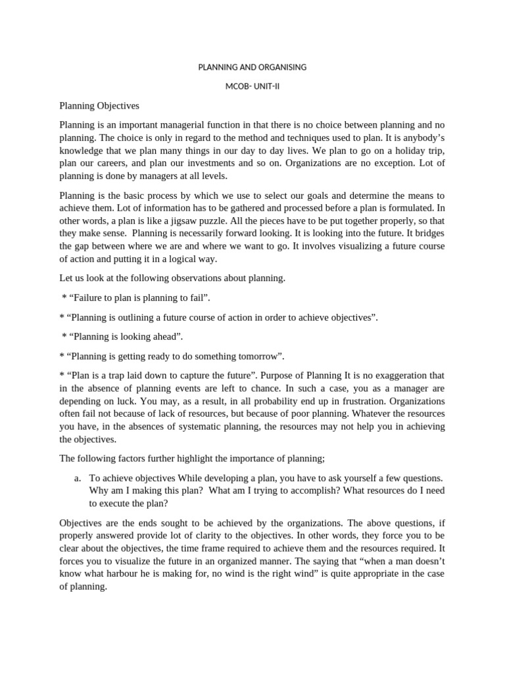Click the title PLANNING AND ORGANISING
pos(252,67)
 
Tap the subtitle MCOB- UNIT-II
pos(252,86)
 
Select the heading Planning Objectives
pos(99,105)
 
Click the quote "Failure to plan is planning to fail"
pos(136,298)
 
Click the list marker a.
pos(78,479)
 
